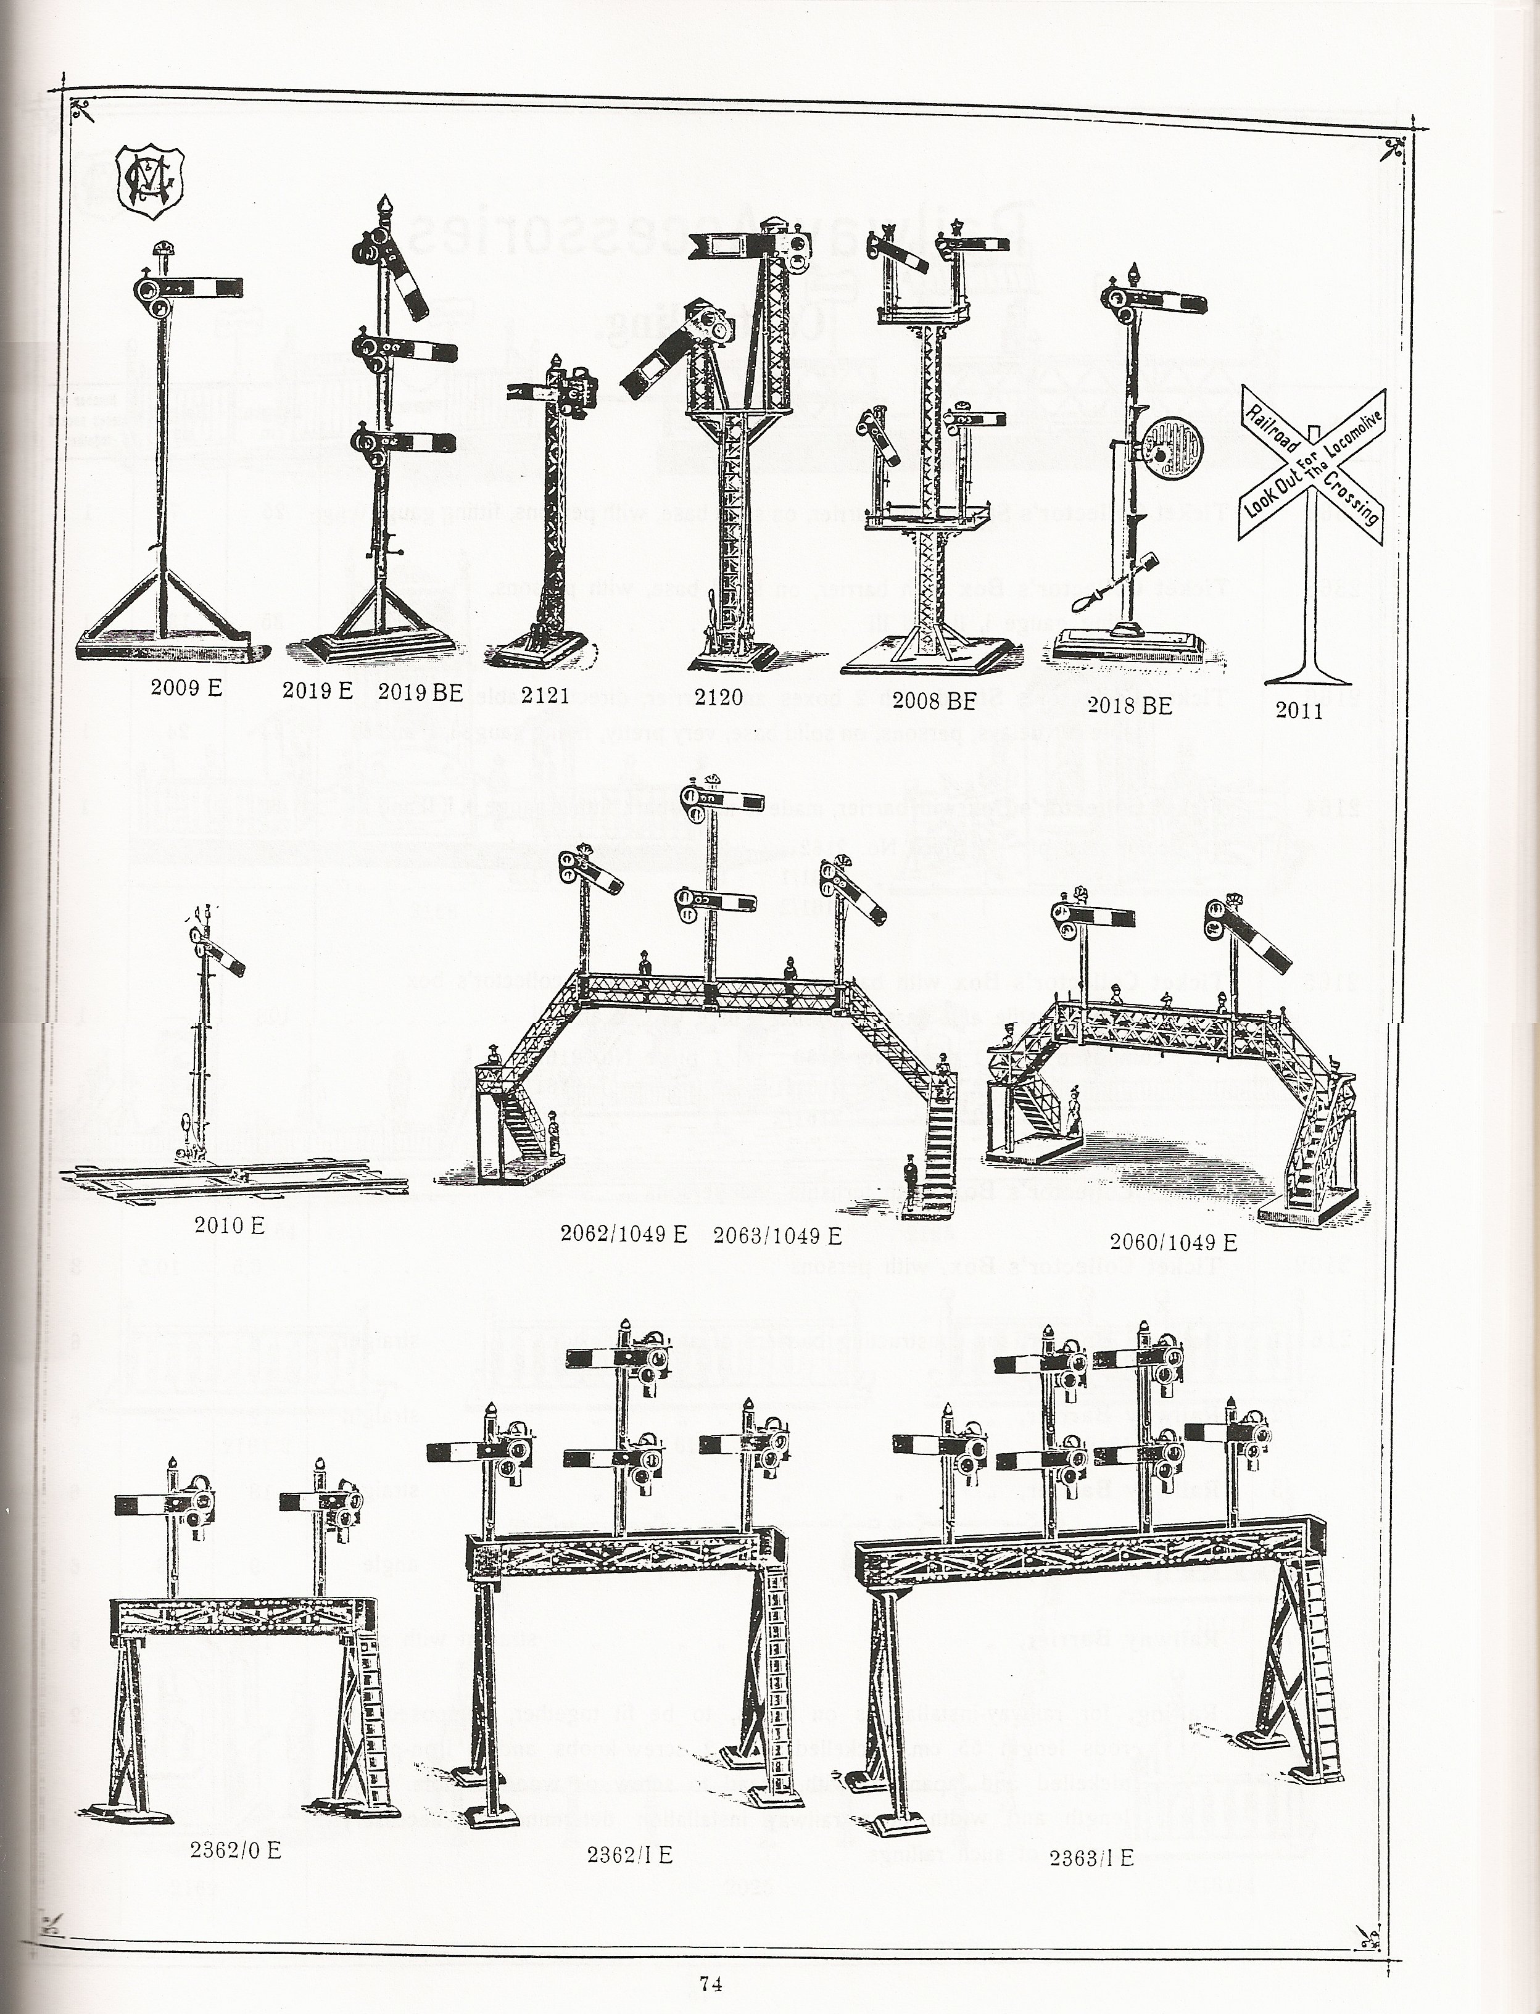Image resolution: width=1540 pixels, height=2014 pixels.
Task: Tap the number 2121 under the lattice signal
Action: [x=545, y=695]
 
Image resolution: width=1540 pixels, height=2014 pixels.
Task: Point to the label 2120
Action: [x=719, y=698]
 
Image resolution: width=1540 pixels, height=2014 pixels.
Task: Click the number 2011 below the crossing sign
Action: [x=1299, y=710]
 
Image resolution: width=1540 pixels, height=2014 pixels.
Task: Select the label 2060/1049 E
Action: [x=1174, y=1243]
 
